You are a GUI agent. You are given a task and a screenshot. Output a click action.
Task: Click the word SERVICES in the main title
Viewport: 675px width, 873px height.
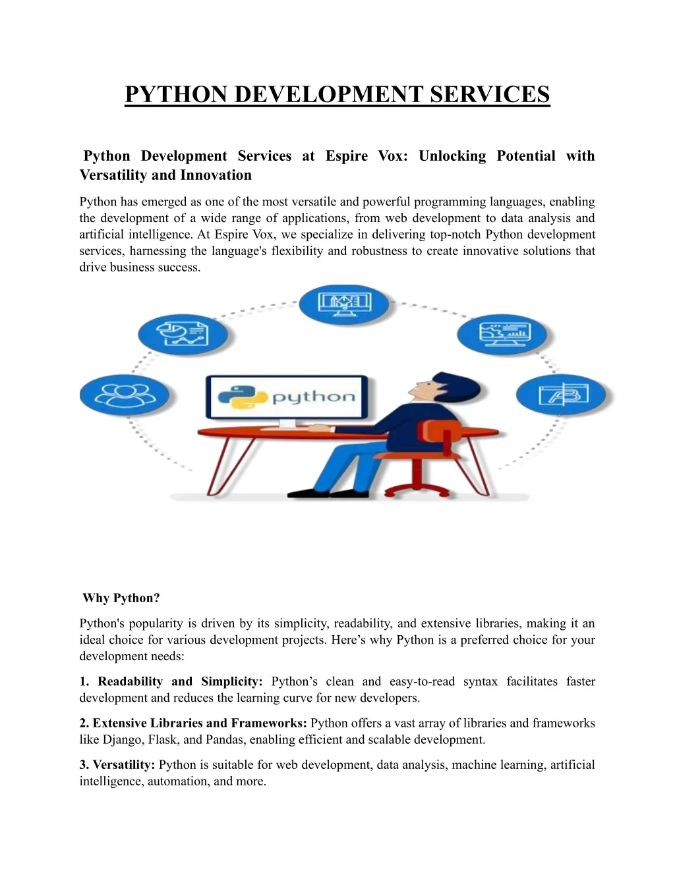pos(490,95)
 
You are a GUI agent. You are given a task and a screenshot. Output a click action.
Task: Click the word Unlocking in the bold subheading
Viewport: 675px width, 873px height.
pos(452,156)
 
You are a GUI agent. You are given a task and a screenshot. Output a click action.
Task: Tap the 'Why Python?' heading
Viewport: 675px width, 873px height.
pos(121,598)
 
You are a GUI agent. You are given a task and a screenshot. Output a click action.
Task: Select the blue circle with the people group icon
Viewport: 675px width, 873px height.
pos(125,395)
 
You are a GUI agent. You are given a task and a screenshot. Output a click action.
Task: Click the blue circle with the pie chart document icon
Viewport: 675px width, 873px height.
pos(183,335)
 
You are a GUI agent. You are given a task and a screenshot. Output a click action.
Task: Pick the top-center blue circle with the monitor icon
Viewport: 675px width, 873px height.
pos(344,304)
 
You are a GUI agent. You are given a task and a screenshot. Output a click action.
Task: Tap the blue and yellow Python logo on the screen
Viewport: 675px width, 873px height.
pos(241,397)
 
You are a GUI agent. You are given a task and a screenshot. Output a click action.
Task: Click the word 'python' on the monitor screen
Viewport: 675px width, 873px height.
pos(313,397)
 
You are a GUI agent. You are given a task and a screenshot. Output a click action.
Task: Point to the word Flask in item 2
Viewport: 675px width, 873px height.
pos(162,740)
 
